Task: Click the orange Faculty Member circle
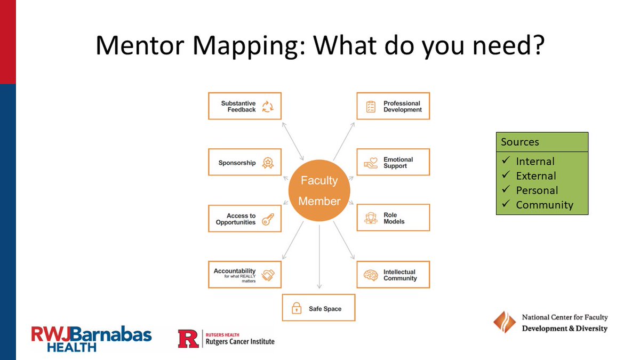click(319, 191)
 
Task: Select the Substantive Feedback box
click(244, 106)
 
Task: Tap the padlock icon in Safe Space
click(296, 308)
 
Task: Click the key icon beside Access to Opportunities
click(268, 219)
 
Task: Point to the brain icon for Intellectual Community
click(371, 275)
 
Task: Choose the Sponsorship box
click(244, 163)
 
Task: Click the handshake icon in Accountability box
click(268, 275)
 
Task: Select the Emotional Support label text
click(398, 163)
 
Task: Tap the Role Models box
click(393, 218)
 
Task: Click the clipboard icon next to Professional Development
click(371, 106)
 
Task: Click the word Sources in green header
click(520, 142)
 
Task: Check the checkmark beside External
click(506, 175)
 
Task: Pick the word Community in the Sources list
click(544, 205)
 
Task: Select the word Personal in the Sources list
click(537, 190)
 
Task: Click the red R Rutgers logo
click(188, 339)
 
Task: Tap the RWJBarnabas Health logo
click(91, 339)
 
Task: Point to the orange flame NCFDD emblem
click(504, 322)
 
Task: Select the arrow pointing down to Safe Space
click(319, 256)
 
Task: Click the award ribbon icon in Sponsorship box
click(268, 163)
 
